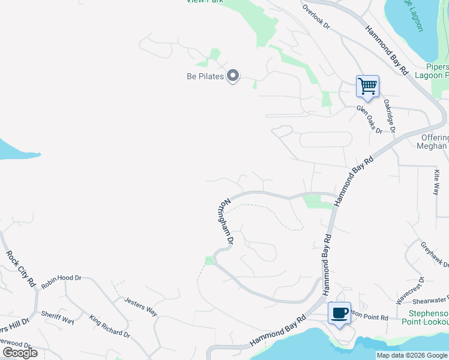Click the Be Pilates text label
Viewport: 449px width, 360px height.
tap(205, 76)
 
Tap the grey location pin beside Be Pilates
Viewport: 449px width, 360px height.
tap(233, 76)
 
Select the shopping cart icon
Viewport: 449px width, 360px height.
tap(367, 86)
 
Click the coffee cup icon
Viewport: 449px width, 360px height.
tap(339, 313)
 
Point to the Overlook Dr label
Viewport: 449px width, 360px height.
tap(317, 17)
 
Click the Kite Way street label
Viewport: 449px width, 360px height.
tap(436, 182)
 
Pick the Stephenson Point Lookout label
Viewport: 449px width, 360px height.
tap(428, 318)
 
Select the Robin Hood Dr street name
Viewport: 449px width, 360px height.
tap(61, 278)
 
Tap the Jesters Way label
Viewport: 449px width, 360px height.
tap(140, 305)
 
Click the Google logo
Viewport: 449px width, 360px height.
tap(20, 352)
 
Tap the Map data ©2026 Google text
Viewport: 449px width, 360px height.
tap(412, 355)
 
